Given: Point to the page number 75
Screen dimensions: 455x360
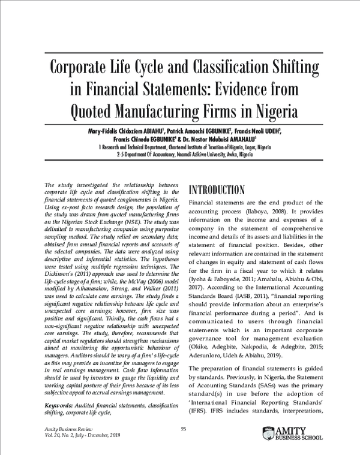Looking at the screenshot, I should point(184,429).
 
